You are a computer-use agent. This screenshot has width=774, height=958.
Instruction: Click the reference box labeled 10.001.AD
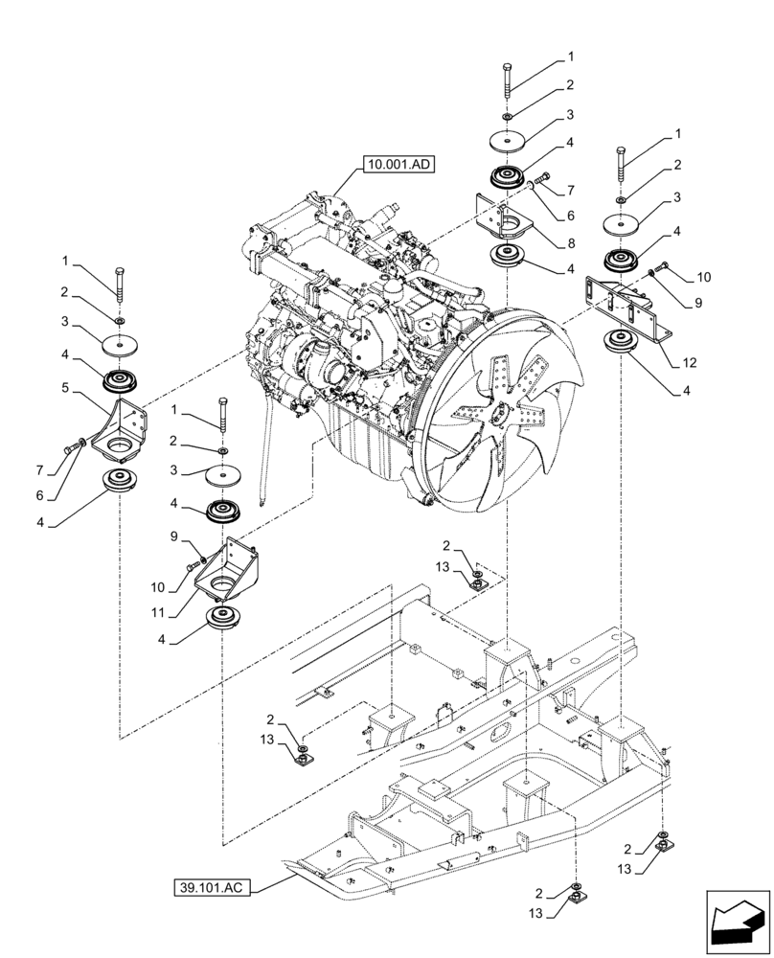pyautogui.click(x=398, y=165)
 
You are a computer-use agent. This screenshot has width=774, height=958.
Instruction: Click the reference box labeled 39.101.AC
pyautogui.click(x=213, y=887)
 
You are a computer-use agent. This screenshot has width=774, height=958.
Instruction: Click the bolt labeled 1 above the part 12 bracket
pyautogui.click(x=622, y=168)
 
